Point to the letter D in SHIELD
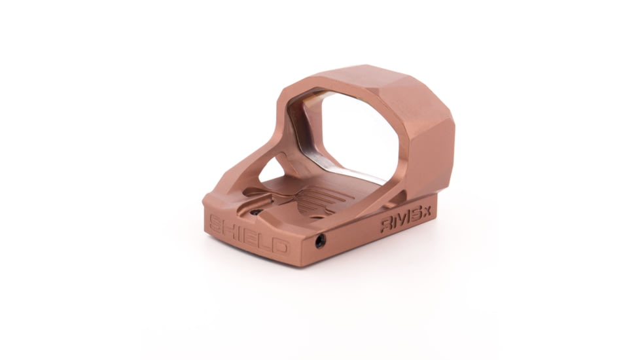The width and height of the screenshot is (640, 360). pyautogui.click(x=279, y=247)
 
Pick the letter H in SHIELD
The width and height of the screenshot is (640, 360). pyautogui.click(x=229, y=229)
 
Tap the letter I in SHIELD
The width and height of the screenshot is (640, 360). pyautogui.click(x=241, y=233)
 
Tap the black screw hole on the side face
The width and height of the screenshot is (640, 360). pyautogui.click(x=319, y=242)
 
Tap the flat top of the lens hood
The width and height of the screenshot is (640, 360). pyautogui.click(x=366, y=79)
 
